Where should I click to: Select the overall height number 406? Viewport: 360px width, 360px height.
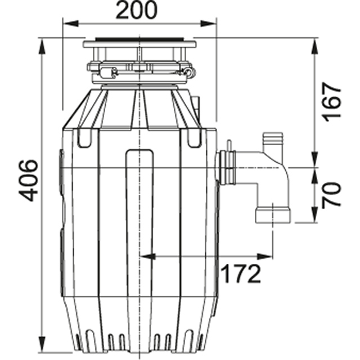pos(28,179)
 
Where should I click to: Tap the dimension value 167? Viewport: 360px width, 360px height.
pos(332,102)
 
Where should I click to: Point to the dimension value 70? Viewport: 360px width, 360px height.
pos(332,195)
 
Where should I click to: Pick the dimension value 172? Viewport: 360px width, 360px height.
pos(240,274)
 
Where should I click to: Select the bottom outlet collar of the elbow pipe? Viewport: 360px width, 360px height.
pos(272,215)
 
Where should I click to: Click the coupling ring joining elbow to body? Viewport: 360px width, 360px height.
pos(228,168)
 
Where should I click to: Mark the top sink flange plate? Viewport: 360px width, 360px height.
pos(139,43)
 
